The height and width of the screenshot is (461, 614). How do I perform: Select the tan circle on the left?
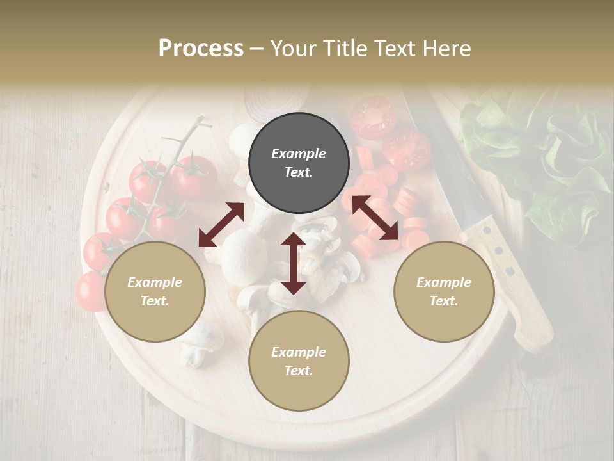(x=155, y=291)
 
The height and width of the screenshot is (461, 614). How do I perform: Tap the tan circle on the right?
(x=444, y=291)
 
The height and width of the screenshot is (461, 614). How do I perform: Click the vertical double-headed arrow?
(x=294, y=263)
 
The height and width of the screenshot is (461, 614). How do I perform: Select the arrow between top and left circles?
(x=221, y=225)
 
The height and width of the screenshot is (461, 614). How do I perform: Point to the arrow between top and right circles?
(x=374, y=218)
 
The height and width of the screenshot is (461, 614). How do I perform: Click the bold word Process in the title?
(x=201, y=48)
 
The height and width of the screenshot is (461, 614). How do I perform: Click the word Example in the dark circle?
(x=299, y=154)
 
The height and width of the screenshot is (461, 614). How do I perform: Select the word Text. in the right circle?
(x=444, y=301)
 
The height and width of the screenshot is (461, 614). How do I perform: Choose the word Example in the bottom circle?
(x=299, y=352)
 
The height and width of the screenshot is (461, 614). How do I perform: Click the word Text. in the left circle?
(x=155, y=301)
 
